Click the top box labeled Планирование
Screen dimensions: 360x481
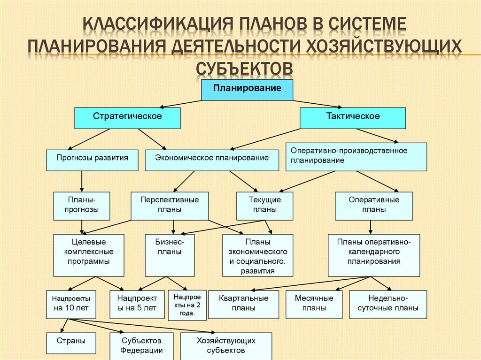tap(247, 90)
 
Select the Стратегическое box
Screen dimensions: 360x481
tap(127, 118)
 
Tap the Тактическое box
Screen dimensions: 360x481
tap(353, 118)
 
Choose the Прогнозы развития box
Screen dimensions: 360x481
tap(92, 160)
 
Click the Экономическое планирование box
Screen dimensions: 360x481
tap(212, 160)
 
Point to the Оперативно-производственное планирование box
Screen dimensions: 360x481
tap(356, 157)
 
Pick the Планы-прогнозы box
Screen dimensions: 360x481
tap(82, 206)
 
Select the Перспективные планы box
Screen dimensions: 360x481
tap(170, 206)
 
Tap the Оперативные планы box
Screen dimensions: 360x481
tap(374, 206)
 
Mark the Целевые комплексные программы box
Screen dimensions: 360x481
tap(89, 255)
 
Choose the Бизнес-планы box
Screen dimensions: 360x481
tap(170, 255)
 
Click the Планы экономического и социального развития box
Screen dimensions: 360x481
tap(258, 255)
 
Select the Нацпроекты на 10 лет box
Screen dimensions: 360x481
tap(71, 305)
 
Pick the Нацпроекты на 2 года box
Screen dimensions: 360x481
tap(187, 305)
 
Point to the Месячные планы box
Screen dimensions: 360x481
tap(314, 305)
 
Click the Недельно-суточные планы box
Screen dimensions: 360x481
tap(388, 305)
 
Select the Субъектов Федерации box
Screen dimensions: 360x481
tap(141, 345)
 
